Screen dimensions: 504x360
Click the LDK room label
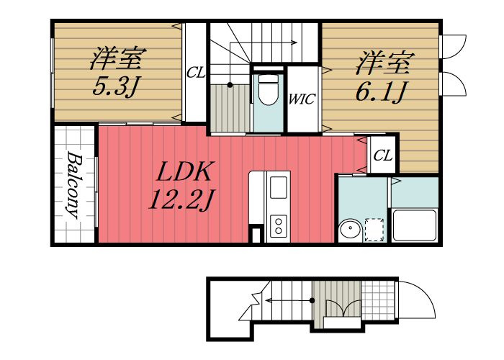coord(184,171)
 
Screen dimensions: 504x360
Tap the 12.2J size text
coord(181,199)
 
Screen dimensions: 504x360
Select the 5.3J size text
coord(116,86)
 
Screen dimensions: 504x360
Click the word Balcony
coord(73,186)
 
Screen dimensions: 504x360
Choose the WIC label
coord(302,99)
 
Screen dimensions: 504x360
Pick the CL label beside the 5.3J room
coord(195,73)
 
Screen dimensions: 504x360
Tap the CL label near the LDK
coord(383,156)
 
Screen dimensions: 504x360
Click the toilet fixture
coord(269,90)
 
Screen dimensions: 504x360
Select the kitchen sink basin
coord(279,187)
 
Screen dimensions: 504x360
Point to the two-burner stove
coord(279,226)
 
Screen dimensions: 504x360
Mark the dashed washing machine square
coord(375,230)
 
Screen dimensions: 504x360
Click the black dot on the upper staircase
coord(230,85)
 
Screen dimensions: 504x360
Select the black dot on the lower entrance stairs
coord(312,300)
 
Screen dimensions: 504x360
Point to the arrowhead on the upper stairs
coord(294,42)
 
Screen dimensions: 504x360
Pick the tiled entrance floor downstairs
coord(378,300)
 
